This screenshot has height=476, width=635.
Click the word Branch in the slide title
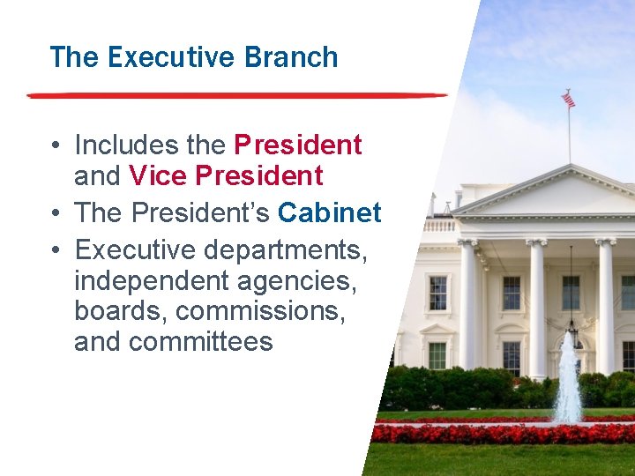point(292,57)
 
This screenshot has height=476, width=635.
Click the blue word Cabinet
point(329,213)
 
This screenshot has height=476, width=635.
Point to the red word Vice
point(158,176)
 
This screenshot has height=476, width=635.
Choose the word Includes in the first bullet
point(117,145)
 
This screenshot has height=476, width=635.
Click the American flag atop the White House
point(569,100)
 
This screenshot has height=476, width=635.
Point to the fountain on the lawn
point(567,379)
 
